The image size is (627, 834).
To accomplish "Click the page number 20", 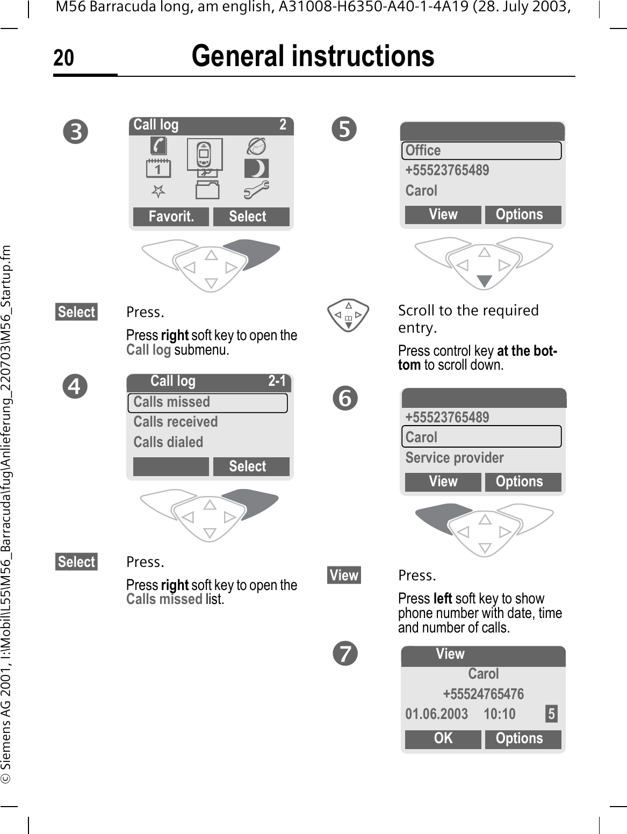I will [63, 58].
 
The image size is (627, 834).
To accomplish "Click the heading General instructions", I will [313, 56].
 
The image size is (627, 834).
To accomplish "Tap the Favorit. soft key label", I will [171, 217].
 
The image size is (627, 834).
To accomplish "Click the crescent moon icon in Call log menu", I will [256, 169].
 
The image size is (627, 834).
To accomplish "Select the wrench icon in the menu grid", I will [256, 189].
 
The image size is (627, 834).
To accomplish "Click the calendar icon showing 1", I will [158, 169].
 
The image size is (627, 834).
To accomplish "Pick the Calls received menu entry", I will [176, 422].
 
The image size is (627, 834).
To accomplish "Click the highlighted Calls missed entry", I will [207, 402].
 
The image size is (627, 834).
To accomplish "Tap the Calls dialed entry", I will [168, 442].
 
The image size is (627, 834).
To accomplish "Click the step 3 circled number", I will [76, 132].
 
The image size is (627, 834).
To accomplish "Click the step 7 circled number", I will [344, 654].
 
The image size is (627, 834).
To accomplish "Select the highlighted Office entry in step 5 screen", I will [481, 150].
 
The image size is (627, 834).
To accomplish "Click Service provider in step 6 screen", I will [455, 458].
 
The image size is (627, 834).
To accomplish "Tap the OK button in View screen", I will [443, 739].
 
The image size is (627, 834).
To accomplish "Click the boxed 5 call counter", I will [551, 714].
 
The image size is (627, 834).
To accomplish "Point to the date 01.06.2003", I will [436, 714].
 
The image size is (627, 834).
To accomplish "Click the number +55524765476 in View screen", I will [483, 694].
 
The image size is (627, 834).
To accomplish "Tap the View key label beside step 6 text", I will [344, 576].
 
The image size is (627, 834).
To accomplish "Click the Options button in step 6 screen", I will [519, 482].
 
